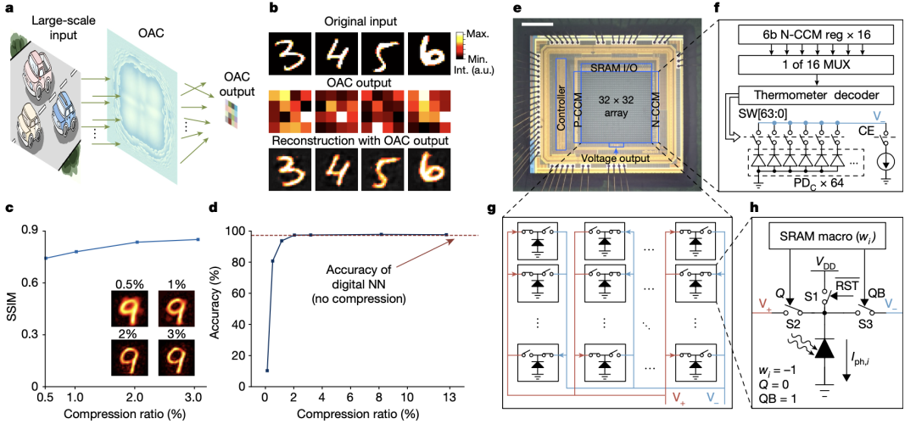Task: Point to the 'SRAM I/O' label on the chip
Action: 614,65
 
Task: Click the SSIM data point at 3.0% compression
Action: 198,239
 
